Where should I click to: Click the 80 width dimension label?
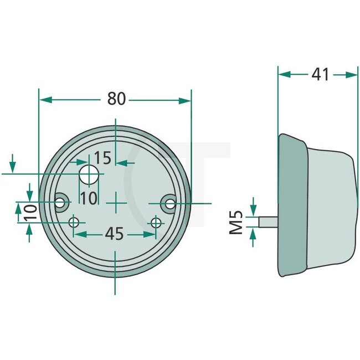click(x=116, y=99)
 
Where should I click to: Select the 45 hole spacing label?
click(x=114, y=234)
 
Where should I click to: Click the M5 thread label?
click(x=238, y=221)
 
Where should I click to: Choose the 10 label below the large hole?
click(x=88, y=198)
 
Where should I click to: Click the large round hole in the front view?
click(x=89, y=176)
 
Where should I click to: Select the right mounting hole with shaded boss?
click(x=169, y=204)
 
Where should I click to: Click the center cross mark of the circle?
click(x=115, y=203)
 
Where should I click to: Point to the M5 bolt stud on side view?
click(x=268, y=221)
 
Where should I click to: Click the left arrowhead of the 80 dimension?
click(x=45, y=100)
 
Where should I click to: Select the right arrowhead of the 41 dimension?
click(x=352, y=74)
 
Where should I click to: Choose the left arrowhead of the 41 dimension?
click(x=284, y=74)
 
